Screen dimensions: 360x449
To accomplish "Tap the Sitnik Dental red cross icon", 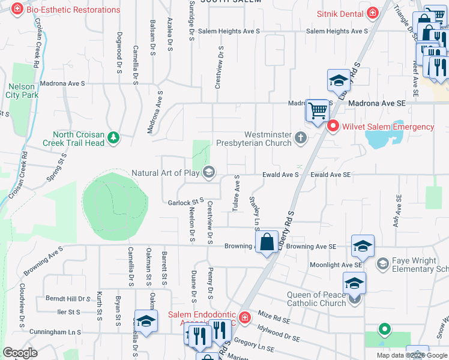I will tap(373, 13).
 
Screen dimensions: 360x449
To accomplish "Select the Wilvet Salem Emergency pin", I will tap(333, 127).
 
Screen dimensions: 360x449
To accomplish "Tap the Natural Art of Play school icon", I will tap(209, 173).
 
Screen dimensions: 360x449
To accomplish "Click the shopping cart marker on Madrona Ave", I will tap(318, 110).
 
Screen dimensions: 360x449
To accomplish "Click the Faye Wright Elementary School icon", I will tap(382, 263).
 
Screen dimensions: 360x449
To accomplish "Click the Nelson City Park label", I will tap(21, 91).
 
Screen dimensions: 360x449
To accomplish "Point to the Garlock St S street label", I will tap(186, 202).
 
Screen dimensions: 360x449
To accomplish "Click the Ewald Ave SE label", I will tap(330, 175).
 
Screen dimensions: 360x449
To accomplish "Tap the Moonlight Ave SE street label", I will tap(336, 265).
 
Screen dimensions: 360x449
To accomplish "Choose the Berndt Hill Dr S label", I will tap(67, 298).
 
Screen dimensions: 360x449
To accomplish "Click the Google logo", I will tap(20, 353).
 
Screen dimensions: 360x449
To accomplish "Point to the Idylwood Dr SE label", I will tap(277, 338).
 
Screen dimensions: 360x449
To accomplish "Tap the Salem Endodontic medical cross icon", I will tap(244, 317).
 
